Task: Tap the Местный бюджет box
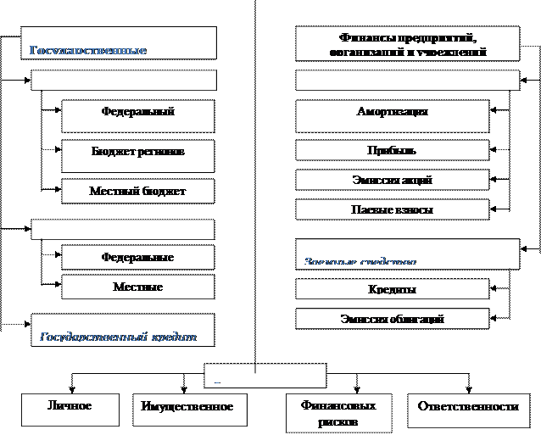click(x=137, y=191)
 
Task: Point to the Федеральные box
click(x=137, y=257)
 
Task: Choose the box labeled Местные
click(x=137, y=287)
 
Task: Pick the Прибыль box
click(x=392, y=151)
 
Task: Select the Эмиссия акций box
click(x=392, y=180)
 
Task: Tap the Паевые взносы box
click(x=392, y=209)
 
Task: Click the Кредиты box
click(x=392, y=289)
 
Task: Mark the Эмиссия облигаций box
click(x=392, y=319)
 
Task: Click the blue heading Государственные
click(x=88, y=51)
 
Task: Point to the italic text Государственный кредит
click(x=119, y=337)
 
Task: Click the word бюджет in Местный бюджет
click(x=165, y=192)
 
